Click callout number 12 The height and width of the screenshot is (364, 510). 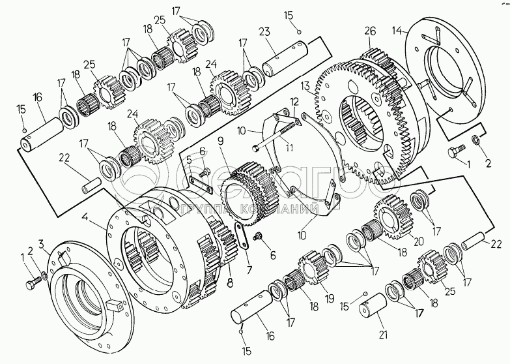[x=294, y=102]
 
